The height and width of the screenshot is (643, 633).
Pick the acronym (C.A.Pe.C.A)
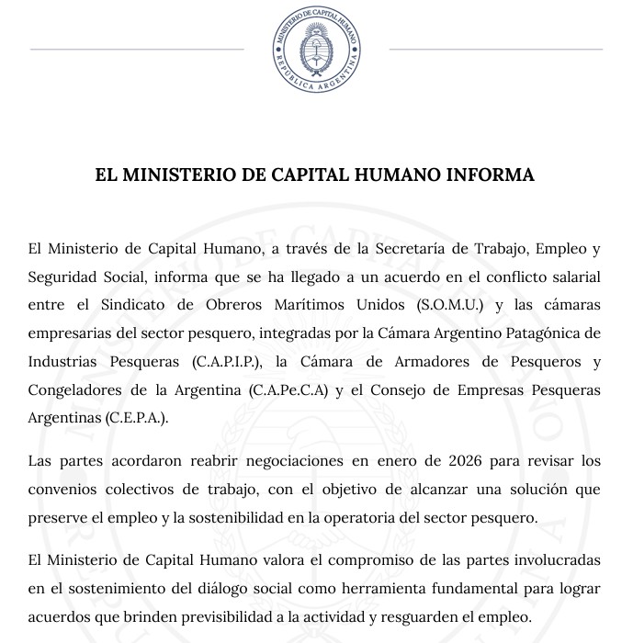[288, 389]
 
